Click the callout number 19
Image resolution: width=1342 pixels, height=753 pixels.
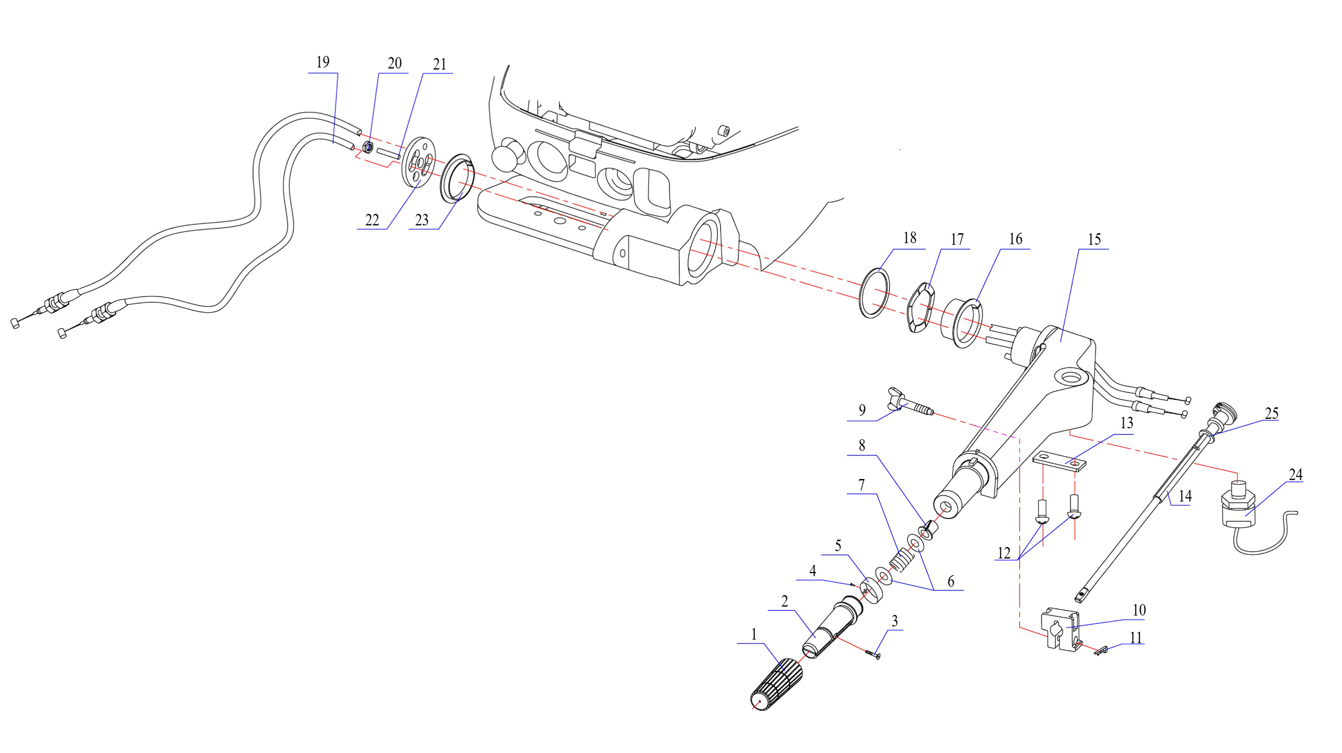coord(323,62)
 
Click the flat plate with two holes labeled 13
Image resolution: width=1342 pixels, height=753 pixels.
coord(1059,461)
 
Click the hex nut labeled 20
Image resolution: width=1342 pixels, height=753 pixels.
coord(367,148)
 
